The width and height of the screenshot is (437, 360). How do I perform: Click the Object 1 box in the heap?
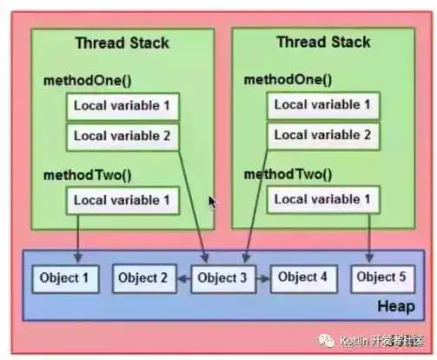(65, 279)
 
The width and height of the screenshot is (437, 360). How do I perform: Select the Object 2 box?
(142, 279)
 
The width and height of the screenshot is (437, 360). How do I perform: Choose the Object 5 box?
(383, 278)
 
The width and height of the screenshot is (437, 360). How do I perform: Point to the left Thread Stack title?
(122, 43)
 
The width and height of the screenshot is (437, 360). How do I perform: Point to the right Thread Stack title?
(323, 42)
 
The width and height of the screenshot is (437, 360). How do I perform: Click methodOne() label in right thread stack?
(288, 79)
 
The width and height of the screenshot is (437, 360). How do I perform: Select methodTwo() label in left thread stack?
(88, 175)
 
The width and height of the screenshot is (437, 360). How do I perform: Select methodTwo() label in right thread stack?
(288, 174)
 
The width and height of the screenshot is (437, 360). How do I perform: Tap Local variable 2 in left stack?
(122, 137)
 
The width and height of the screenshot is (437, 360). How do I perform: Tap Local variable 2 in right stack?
(322, 136)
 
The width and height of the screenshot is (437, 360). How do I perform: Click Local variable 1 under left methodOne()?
(122, 107)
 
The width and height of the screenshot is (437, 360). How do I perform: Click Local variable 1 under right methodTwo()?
(322, 200)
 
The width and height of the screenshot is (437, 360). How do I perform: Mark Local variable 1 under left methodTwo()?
(122, 201)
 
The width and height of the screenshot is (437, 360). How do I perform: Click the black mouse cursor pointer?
(213, 202)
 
